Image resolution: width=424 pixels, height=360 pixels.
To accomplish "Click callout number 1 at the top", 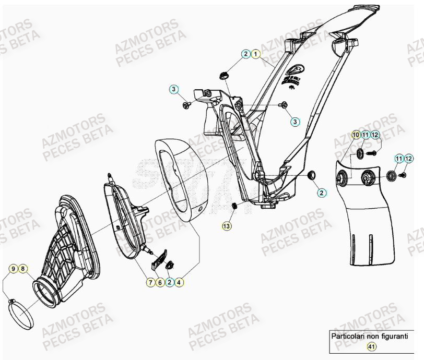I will pyautogui.click(x=255, y=54).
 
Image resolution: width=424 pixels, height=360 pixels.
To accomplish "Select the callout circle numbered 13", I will pyautogui.click(x=226, y=226).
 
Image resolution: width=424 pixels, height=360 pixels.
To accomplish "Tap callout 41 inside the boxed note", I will pyautogui.click(x=371, y=346).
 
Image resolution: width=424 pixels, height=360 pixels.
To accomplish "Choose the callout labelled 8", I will pyautogui.click(x=22, y=269).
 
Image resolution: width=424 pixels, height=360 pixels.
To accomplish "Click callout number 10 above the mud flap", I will pyautogui.click(x=355, y=135).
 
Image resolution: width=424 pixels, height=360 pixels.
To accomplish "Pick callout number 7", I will pyautogui.click(x=150, y=282).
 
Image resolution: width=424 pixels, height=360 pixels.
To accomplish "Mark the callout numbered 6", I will pyautogui.click(x=160, y=282).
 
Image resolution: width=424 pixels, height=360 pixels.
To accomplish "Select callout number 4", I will pyautogui.click(x=179, y=282).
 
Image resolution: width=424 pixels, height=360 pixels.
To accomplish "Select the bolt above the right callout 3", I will pyautogui.click(x=284, y=105).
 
